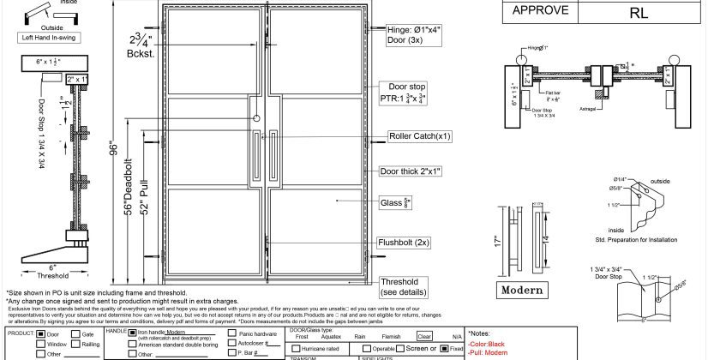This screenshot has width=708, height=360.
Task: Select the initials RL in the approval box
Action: tap(638, 13)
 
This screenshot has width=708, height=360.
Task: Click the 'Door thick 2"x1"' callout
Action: tap(413, 171)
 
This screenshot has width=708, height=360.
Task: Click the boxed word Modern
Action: tap(524, 290)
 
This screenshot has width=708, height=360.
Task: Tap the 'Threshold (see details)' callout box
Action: tap(399, 286)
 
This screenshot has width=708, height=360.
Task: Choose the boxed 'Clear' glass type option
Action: tap(425, 339)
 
